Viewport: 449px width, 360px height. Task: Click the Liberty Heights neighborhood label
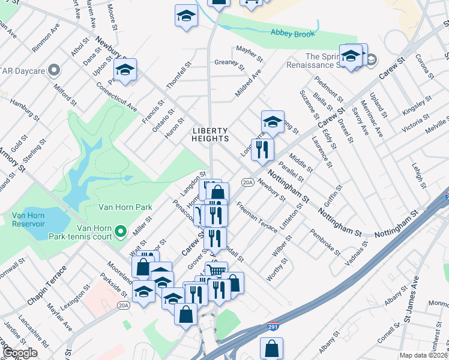pyautogui.click(x=211, y=134)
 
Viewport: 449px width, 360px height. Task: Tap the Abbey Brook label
pyautogui.click(x=292, y=34)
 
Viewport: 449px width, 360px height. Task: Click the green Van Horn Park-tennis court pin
pyautogui.click(x=121, y=230)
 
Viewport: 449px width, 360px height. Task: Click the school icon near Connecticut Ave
pyautogui.click(x=125, y=70)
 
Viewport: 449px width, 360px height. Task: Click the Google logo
pyautogui.click(x=20, y=353)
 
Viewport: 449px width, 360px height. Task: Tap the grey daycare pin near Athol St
pyautogui.click(x=54, y=70)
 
